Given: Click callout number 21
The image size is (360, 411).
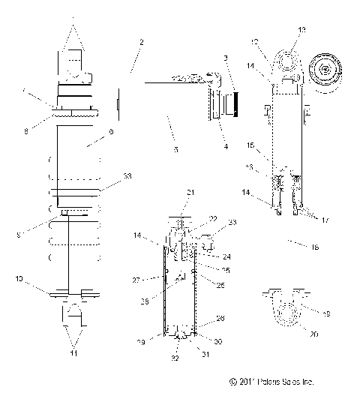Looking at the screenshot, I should (x=190, y=193).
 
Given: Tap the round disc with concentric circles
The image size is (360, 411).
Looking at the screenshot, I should (x=327, y=72).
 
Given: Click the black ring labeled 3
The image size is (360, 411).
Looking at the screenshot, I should (x=236, y=101).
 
